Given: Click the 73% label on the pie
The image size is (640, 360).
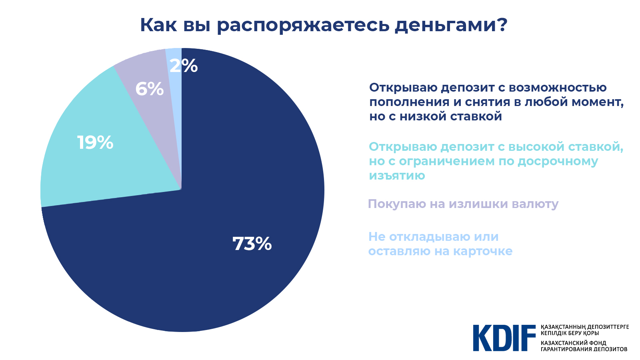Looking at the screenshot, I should tap(252, 244).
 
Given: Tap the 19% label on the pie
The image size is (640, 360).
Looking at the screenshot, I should tap(95, 143).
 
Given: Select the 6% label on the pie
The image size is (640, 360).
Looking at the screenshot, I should tap(149, 89).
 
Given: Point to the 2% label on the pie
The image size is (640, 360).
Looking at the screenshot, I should tap(184, 66).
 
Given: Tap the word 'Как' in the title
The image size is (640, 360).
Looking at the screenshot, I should tap(158, 25).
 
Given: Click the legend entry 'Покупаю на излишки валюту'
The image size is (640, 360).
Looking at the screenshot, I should tap(463, 204).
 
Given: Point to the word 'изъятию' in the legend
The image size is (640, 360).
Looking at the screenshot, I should tap(397, 176).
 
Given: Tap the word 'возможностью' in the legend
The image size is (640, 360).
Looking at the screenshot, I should tap(558, 88).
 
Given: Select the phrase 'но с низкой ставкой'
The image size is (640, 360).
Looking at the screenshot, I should tap(435, 116).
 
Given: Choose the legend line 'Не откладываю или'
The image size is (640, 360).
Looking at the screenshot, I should tap(433, 237).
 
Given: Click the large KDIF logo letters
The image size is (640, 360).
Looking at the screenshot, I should tap(504, 338).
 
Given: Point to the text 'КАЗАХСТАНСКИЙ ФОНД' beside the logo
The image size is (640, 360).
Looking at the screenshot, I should tap(573, 343).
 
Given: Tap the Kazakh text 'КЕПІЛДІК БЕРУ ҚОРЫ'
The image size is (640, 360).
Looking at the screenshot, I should tap(570, 333).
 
